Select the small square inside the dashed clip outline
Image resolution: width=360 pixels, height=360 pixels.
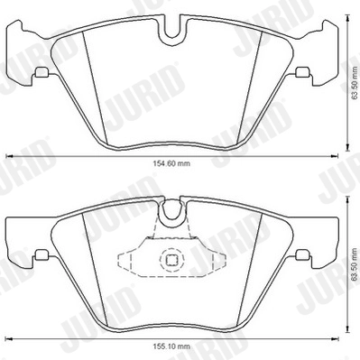pos(170,261)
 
